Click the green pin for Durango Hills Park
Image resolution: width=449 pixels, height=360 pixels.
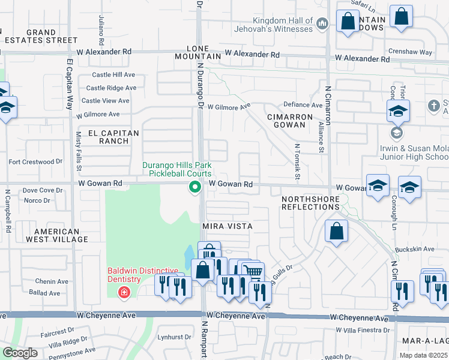point(194,188)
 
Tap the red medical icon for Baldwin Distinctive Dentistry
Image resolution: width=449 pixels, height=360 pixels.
point(124,293)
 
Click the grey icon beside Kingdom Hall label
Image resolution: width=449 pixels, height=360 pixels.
point(322,23)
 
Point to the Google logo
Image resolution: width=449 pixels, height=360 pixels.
point(20,353)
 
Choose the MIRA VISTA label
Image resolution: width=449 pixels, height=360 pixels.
point(226,226)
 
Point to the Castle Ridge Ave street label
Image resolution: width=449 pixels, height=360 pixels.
point(111,88)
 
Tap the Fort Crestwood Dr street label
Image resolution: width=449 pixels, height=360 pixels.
point(35,161)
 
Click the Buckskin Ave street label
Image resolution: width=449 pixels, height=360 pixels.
point(414,249)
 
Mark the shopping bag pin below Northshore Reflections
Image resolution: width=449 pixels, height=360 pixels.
point(337,231)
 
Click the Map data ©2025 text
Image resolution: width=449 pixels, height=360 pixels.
point(423,355)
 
